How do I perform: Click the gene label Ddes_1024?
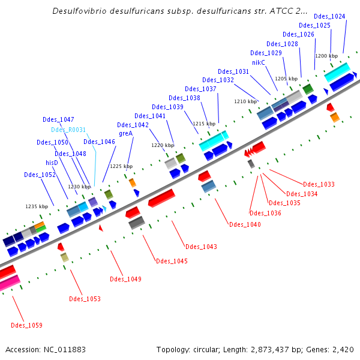coord(329,16)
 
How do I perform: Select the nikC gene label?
coord(258,62)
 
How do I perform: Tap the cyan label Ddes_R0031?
coord(68,130)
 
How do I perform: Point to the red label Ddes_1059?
coord(26,325)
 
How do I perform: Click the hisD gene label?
coord(52,163)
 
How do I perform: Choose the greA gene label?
coord(125,133)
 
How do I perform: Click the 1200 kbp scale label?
coord(326,56)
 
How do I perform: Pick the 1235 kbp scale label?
coord(36,206)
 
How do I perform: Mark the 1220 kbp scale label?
coord(162,145)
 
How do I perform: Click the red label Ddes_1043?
coord(201,247)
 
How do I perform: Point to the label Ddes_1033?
coord(319,184)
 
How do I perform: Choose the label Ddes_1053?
coord(85,299)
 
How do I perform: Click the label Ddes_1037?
coord(200,89)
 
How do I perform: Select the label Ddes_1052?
coord(40,175)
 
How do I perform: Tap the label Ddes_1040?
coord(245,224)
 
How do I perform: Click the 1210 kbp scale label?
coord(245,101)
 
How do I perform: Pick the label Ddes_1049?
coord(125,279)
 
